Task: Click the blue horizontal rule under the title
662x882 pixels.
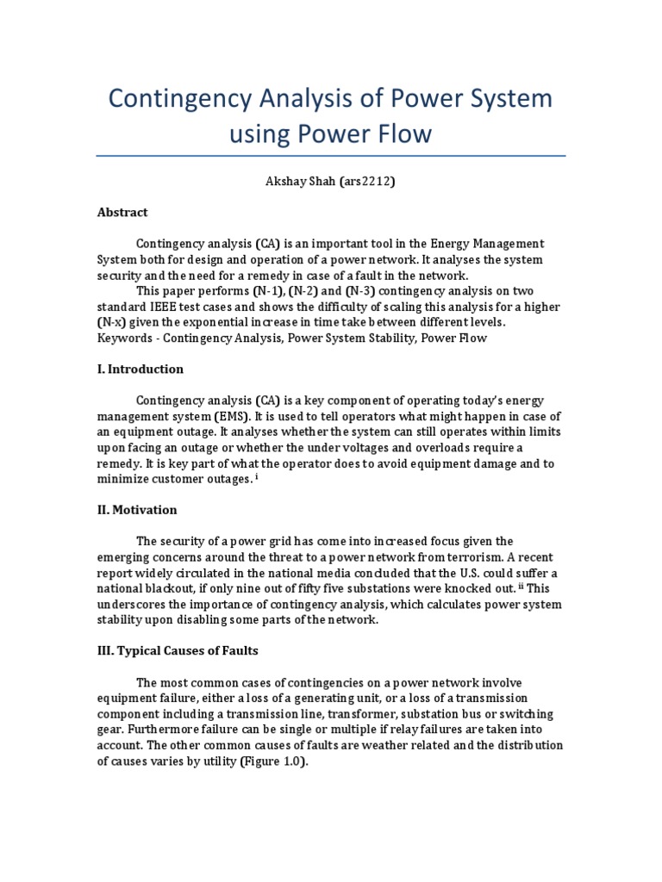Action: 330,157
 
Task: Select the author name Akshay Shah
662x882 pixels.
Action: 295,182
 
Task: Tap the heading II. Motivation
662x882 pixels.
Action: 136,510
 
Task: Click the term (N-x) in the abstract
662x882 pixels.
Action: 112,322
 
